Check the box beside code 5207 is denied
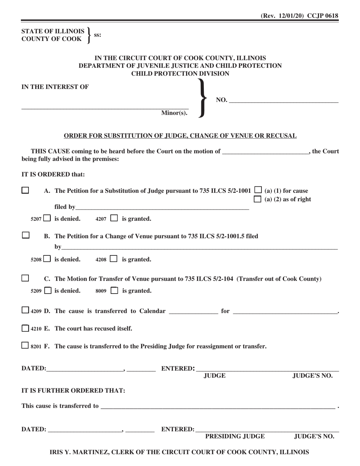[x=47, y=218]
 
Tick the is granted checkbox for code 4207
[x=114, y=218]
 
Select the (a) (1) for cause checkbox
[x=258, y=190]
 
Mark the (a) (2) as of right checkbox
[x=258, y=199]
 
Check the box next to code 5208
[x=47, y=259]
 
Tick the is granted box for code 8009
[x=114, y=291]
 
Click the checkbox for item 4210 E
[x=25, y=328]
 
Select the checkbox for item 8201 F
[x=25, y=346]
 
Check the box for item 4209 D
[x=25, y=311]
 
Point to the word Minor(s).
[x=174, y=113]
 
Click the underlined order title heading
[x=180, y=136]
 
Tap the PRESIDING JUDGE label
[x=235, y=436]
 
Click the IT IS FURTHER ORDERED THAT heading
[x=73, y=391]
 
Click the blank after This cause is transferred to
[x=218, y=406]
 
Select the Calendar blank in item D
[x=193, y=311]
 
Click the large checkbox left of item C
[x=25, y=278]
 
